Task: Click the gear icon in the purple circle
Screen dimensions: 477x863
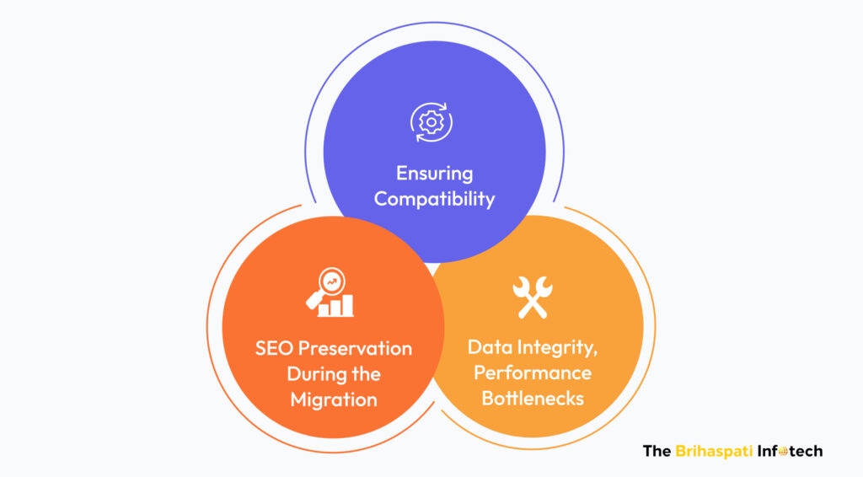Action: tap(431, 122)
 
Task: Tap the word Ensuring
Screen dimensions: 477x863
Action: tap(435, 174)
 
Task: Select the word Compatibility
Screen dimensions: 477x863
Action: tap(435, 200)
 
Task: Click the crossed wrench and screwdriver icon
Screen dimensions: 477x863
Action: tap(533, 297)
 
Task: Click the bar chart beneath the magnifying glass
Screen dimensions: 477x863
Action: tap(336, 306)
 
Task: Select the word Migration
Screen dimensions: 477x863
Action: tap(334, 399)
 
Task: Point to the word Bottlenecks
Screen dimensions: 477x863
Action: tap(533, 397)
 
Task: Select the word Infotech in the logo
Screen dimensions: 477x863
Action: tap(793, 451)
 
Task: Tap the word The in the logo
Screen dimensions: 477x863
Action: tap(657, 451)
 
